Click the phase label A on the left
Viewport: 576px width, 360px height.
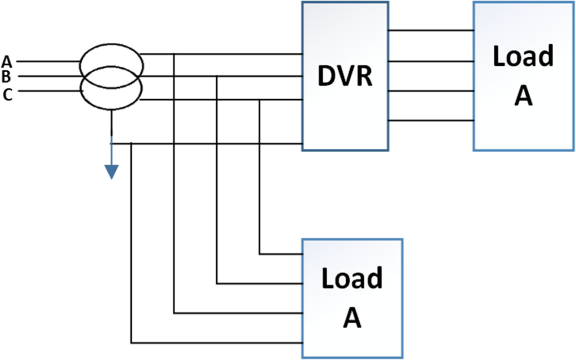click(7, 61)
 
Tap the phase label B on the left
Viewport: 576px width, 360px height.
click(7, 76)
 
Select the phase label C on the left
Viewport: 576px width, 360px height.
click(7, 94)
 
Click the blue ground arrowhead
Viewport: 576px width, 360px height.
click(111, 172)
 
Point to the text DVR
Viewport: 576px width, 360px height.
click(345, 76)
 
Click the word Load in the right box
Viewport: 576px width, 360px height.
click(523, 56)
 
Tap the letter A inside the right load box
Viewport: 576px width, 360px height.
click(523, 96)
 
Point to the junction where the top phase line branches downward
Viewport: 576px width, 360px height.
click(174, 54)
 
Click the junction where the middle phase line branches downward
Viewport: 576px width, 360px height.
click(217, 76)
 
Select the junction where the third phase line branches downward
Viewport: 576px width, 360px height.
click(259, 100)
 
